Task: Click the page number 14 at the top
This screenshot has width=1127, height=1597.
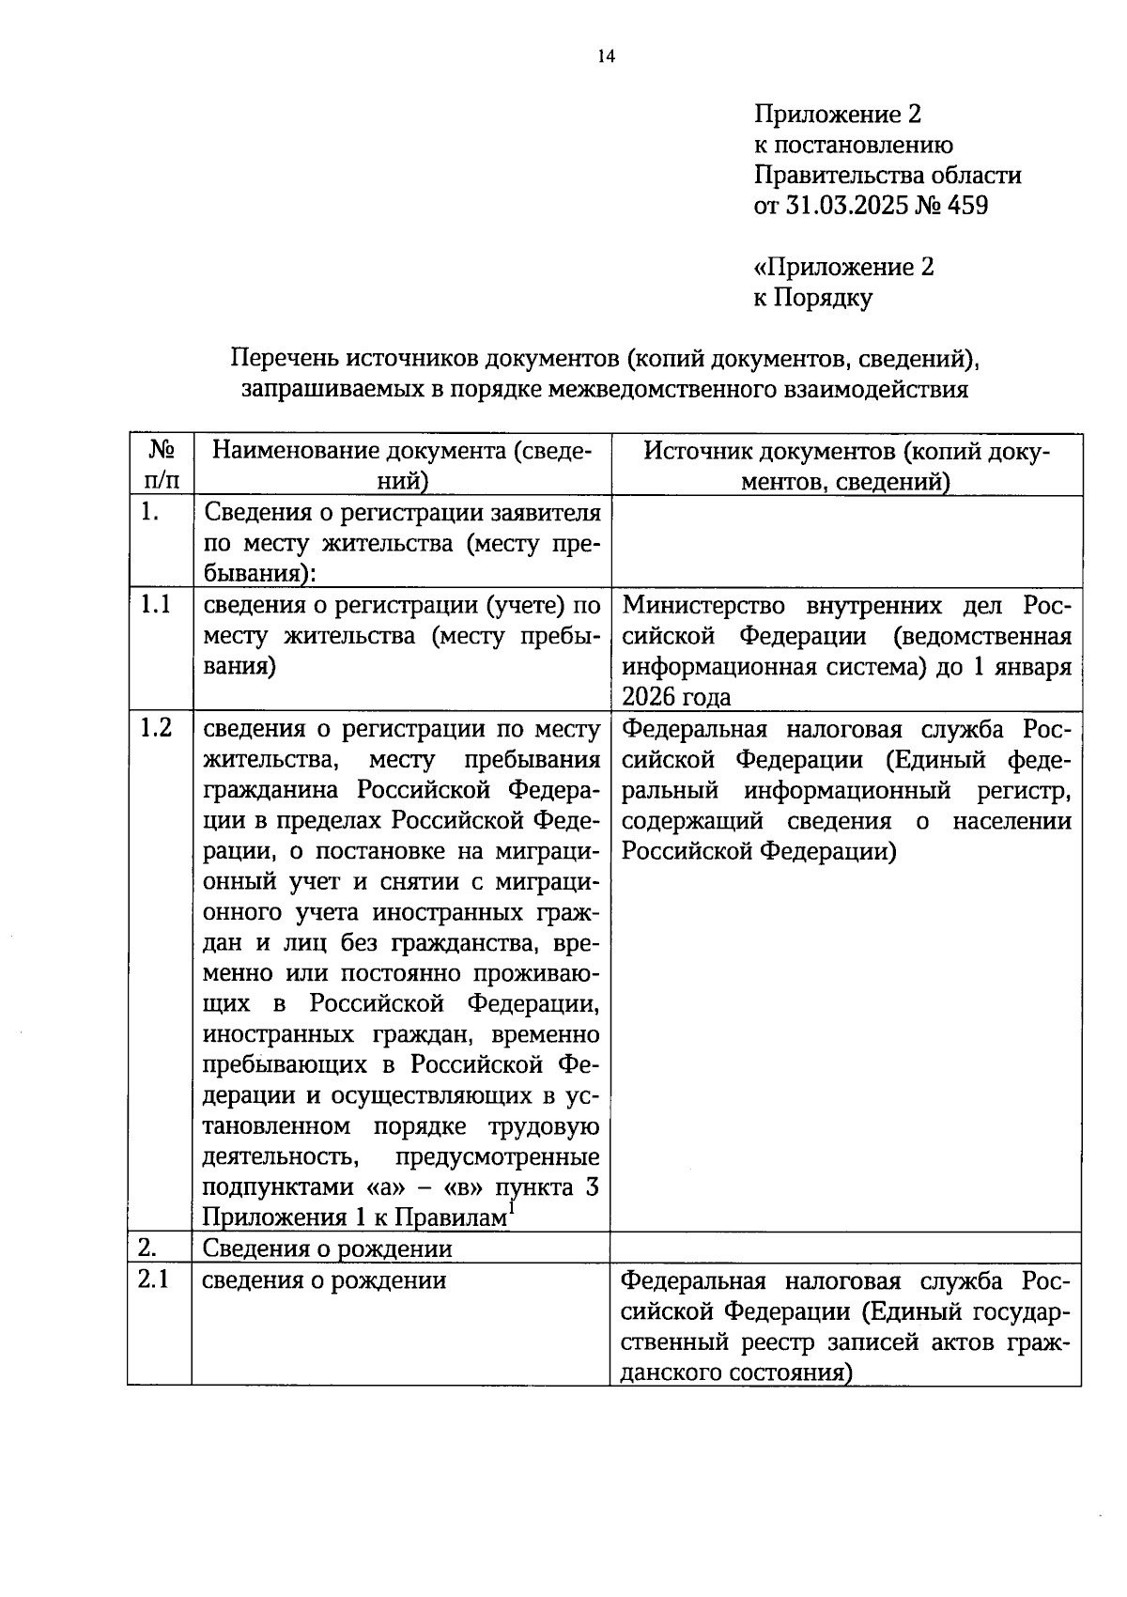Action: [x=605, y=57]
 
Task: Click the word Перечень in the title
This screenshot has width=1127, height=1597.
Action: [x=285, y=359]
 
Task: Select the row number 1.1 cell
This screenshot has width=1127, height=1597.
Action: [x=156, y=605]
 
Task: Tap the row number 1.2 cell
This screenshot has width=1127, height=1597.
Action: [x=156, y=728]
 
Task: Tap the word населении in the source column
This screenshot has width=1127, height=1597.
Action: [x=1011, y=821]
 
